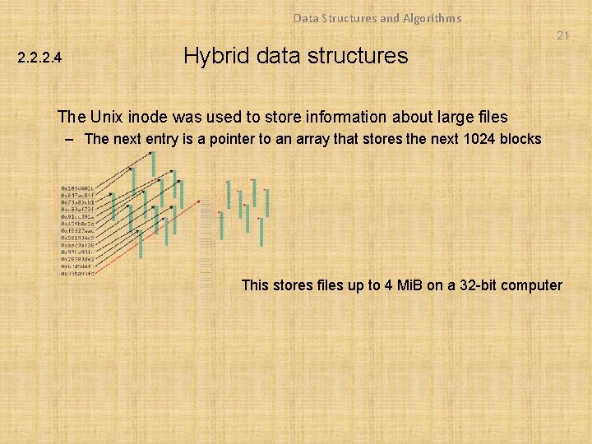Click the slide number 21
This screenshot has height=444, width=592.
pos(562,35)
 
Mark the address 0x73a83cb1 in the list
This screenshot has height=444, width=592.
pos(77,201)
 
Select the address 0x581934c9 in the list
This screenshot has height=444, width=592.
pos(77,238)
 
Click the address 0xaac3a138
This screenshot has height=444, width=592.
pos(77,245)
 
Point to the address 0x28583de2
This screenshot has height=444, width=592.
pos(77,259)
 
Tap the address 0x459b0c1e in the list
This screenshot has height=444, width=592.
pos(77,223)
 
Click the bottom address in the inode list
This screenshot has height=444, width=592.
pos(77,274)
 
